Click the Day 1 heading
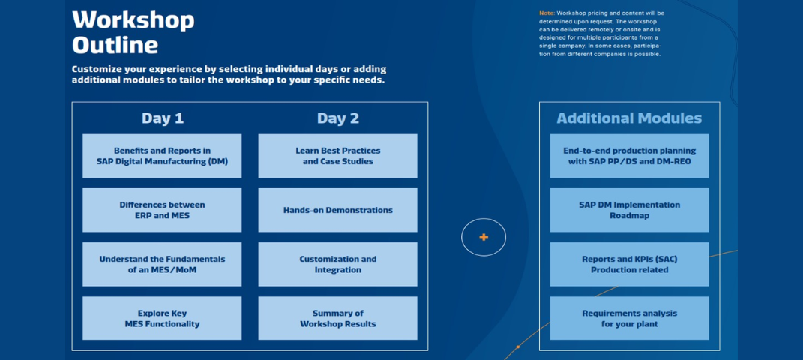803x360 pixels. (x=163, y=118)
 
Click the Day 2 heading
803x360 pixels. (x=338, y=118)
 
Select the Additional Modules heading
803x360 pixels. (x=629, y=118)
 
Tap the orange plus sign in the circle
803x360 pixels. (x=484, y=237)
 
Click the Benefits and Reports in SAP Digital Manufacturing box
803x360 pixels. (x=162, y=156)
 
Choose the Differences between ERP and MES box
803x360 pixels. (x=162, y=210)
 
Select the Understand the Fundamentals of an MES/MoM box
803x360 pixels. (x=162, y=264)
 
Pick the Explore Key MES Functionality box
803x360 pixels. (x=162, y=318)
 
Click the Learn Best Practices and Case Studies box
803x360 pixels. (x=338, y=156)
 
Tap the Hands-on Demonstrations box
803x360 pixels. (x=338, y=210)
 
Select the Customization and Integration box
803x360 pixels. (x=338, y=264)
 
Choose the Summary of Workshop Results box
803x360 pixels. (x=338, y=318)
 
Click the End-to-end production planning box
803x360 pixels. (x=629, y=156)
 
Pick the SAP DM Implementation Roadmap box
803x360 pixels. (x=629, y=210)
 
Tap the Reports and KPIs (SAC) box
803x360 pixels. (x=629, y=264)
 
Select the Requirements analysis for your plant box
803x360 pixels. (x=629, y=318)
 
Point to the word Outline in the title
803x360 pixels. (x=115, y=44)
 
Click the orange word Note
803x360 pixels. (x=547, y=13)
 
